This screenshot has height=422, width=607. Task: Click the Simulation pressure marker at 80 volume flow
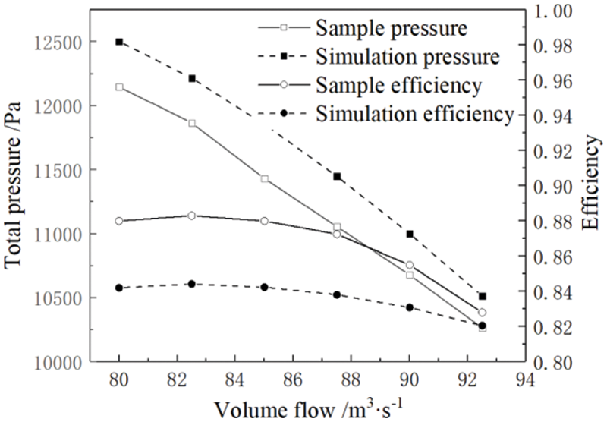(x=119, y=42)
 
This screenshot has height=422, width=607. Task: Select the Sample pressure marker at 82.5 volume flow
(x=192, y=123)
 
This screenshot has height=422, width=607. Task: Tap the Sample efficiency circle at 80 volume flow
(x=119, y=221)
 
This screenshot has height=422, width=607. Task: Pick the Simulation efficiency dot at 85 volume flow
(x=264, y=288)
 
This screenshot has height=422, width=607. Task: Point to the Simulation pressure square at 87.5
(x=337, y=176)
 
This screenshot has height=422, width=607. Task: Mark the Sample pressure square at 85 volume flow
(x=264, y=178)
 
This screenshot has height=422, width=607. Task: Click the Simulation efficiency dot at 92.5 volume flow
(x=482, y=326)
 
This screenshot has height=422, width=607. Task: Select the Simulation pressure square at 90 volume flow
(x=410, y=234)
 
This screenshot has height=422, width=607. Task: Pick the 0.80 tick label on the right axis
(x=557, y=363)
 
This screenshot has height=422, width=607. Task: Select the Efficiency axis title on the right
(x=592, y=183)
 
